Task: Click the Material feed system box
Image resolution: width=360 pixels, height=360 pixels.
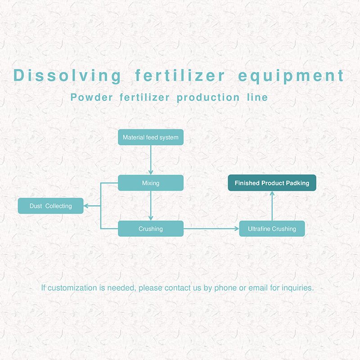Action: (151, 137)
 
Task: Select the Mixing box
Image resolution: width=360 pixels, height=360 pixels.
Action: (151, 183)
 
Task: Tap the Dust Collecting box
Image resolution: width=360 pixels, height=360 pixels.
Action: (50, 206)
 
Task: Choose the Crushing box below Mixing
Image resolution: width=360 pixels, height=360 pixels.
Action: (151, 229)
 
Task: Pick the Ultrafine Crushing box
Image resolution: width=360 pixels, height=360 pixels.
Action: (272, 229)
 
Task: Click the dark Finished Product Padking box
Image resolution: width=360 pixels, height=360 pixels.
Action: (272, 183)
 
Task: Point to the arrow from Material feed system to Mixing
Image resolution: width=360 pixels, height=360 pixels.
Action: (151, 160)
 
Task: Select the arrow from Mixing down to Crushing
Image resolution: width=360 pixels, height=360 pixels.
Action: (151, 206)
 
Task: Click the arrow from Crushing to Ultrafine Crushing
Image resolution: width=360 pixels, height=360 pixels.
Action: (211, 229)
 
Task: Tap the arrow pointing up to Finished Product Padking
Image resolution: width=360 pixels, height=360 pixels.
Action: (272, 206)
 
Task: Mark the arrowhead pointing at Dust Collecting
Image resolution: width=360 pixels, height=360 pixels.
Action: (85, 206)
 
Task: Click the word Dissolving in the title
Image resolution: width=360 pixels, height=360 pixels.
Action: (67, 76)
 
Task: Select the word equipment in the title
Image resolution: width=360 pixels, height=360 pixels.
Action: (291, 76)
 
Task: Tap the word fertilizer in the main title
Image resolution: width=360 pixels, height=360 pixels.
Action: (180, 75)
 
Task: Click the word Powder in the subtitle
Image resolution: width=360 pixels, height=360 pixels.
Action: (91, 97)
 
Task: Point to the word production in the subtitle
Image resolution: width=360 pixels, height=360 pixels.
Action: (208, 98)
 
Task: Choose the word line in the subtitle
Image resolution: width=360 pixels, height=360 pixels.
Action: (257, 97)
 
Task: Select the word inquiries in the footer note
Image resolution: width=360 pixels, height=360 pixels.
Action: (297, 288)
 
